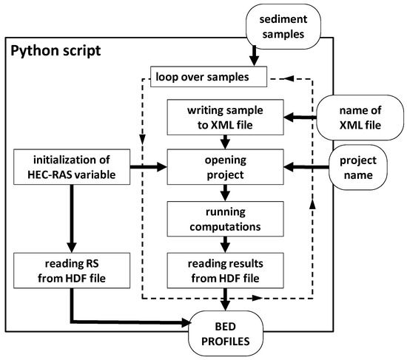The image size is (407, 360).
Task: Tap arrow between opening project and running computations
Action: [x=232, y=191]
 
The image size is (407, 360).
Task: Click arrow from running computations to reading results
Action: [x=232, y=242]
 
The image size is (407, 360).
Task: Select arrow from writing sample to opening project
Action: [x=232, y=141]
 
